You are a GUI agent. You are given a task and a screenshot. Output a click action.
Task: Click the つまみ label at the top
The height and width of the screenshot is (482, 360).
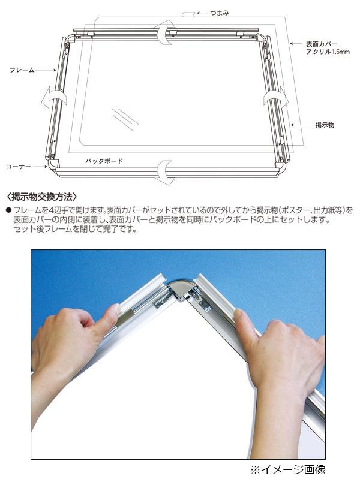[220, 13]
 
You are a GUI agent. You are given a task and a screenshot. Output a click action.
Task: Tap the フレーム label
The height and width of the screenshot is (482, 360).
[22, 70]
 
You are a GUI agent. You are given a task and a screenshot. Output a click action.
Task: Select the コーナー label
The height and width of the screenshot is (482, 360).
[19, 167]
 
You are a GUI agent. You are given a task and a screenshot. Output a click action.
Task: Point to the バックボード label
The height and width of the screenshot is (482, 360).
[104, 161]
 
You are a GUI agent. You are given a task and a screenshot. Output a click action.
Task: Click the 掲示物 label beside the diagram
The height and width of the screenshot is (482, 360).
[325, 125]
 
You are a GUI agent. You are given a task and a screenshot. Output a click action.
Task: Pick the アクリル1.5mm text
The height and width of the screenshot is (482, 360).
[328, 52]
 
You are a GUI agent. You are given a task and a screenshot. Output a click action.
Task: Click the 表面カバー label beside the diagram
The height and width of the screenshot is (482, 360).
[322, 44]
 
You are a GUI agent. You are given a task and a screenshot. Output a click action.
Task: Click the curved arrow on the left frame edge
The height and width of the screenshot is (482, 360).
[54, 97]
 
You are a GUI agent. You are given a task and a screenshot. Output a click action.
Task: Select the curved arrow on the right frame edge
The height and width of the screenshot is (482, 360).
[276, 98]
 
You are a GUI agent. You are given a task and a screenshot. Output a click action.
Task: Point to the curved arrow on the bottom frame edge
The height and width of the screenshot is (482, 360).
[166, 173]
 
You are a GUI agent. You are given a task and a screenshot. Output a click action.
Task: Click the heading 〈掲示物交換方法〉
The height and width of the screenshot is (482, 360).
[41, 197]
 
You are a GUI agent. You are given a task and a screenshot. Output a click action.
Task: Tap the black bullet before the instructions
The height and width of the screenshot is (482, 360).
[8, 210]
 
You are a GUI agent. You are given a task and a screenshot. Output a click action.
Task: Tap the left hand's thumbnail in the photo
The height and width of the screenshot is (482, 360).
[115, 309]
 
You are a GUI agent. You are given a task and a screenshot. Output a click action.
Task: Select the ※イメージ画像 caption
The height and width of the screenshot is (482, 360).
[287, 469]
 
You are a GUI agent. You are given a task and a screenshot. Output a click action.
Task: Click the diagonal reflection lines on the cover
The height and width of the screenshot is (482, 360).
[125, 119]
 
